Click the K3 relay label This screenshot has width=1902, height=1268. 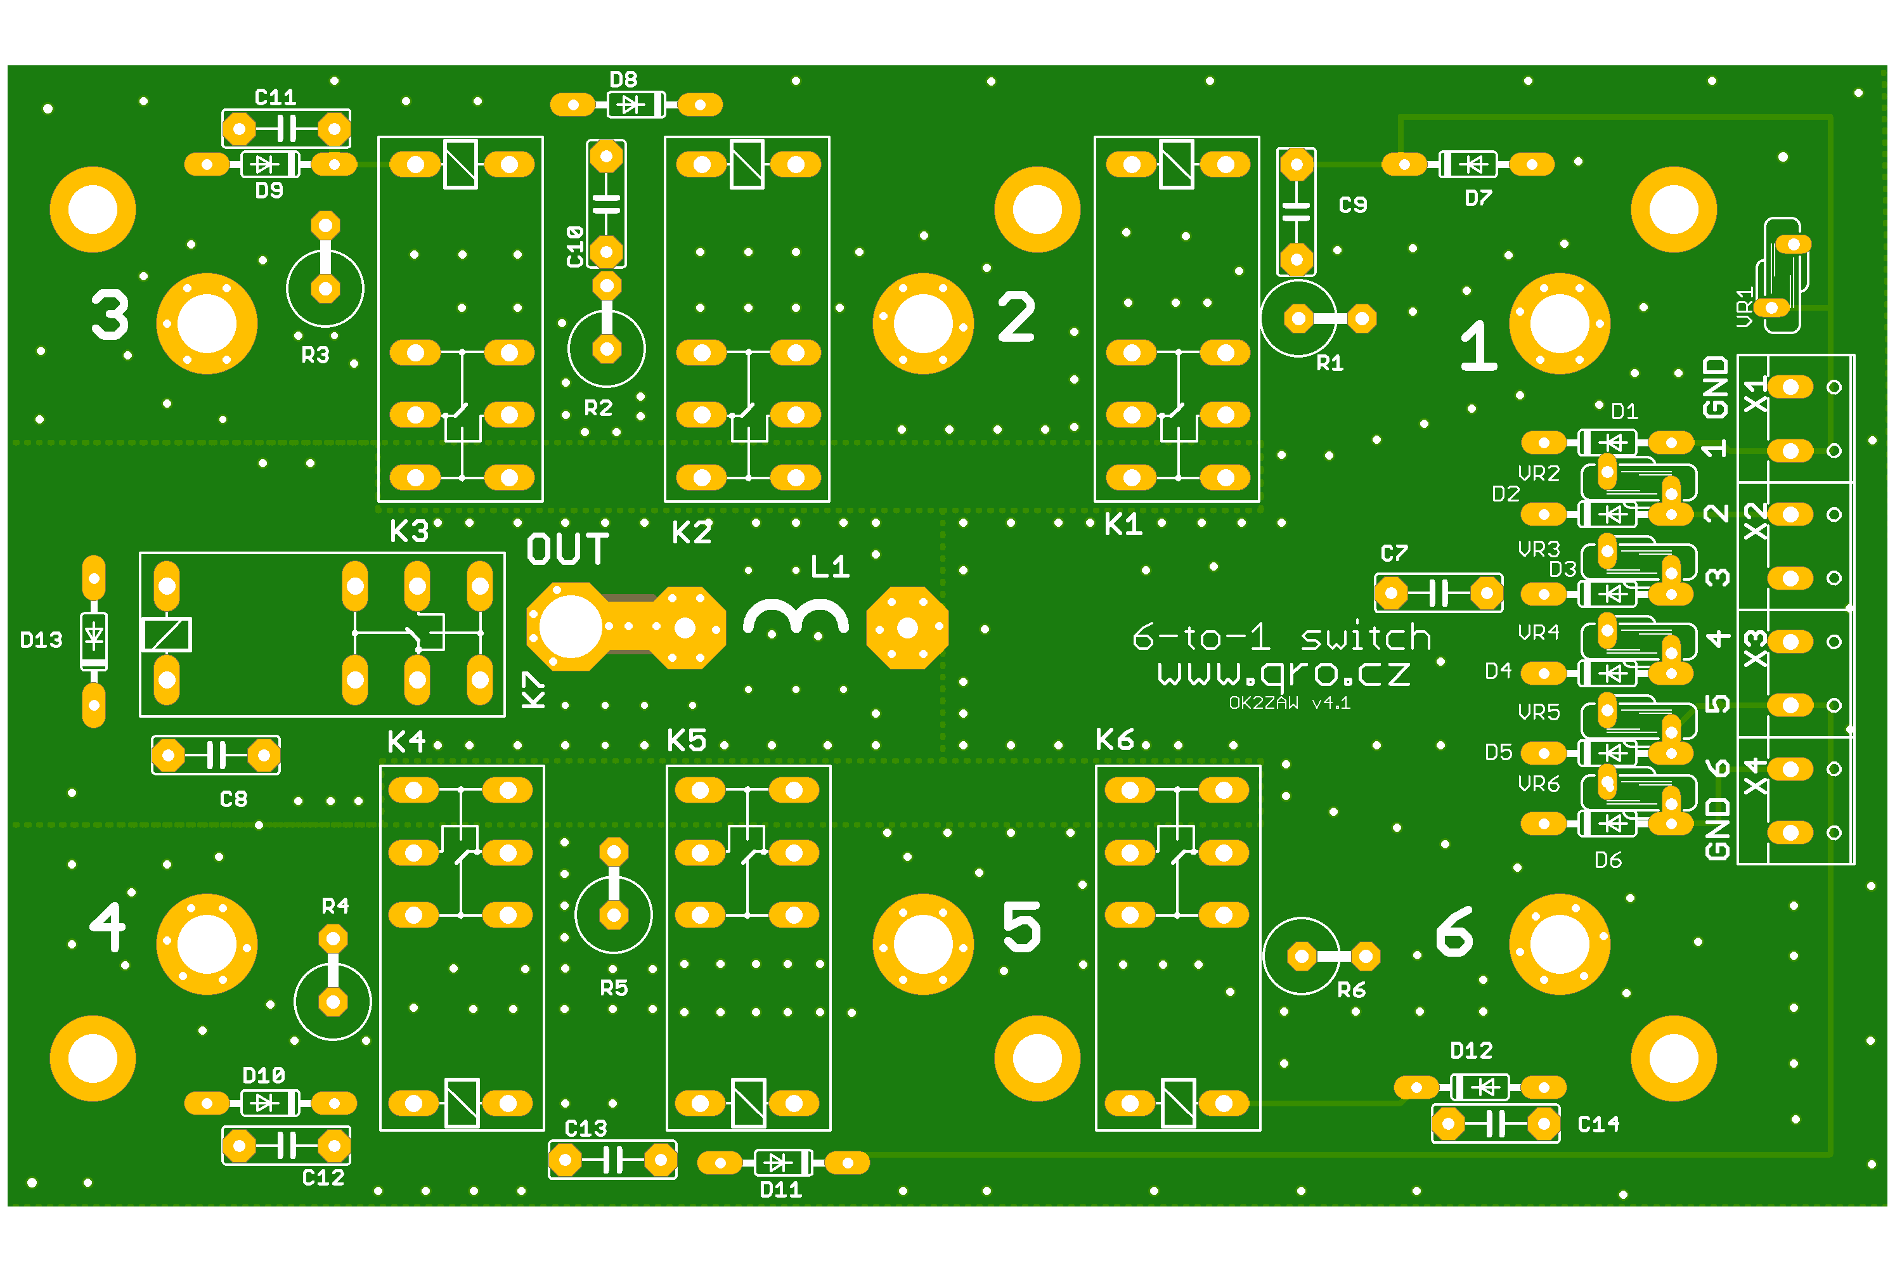coord(409,531)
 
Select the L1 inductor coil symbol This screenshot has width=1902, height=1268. coord(796,618)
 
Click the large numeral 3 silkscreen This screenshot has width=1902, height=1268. coord(110,314)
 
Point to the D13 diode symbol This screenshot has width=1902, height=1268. coord(94,637)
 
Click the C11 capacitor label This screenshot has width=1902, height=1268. coord(275,98)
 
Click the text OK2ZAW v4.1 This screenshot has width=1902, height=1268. coord(1289,702)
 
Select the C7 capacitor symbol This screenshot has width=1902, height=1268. coord(1439,593)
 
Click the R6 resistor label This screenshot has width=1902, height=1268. coord(1351,990)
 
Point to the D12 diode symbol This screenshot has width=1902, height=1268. coord(1480,1087)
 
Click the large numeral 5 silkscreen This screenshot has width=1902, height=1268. coord(1021,927)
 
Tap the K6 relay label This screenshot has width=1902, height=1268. coord(1115,739)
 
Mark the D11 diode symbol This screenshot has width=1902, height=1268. coord(783,1163)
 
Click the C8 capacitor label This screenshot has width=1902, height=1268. coord(234,799)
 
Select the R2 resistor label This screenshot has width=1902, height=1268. coord(598,408)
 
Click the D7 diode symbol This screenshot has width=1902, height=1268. coord(1468,164)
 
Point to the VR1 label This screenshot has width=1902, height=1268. coord(1744,307)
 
